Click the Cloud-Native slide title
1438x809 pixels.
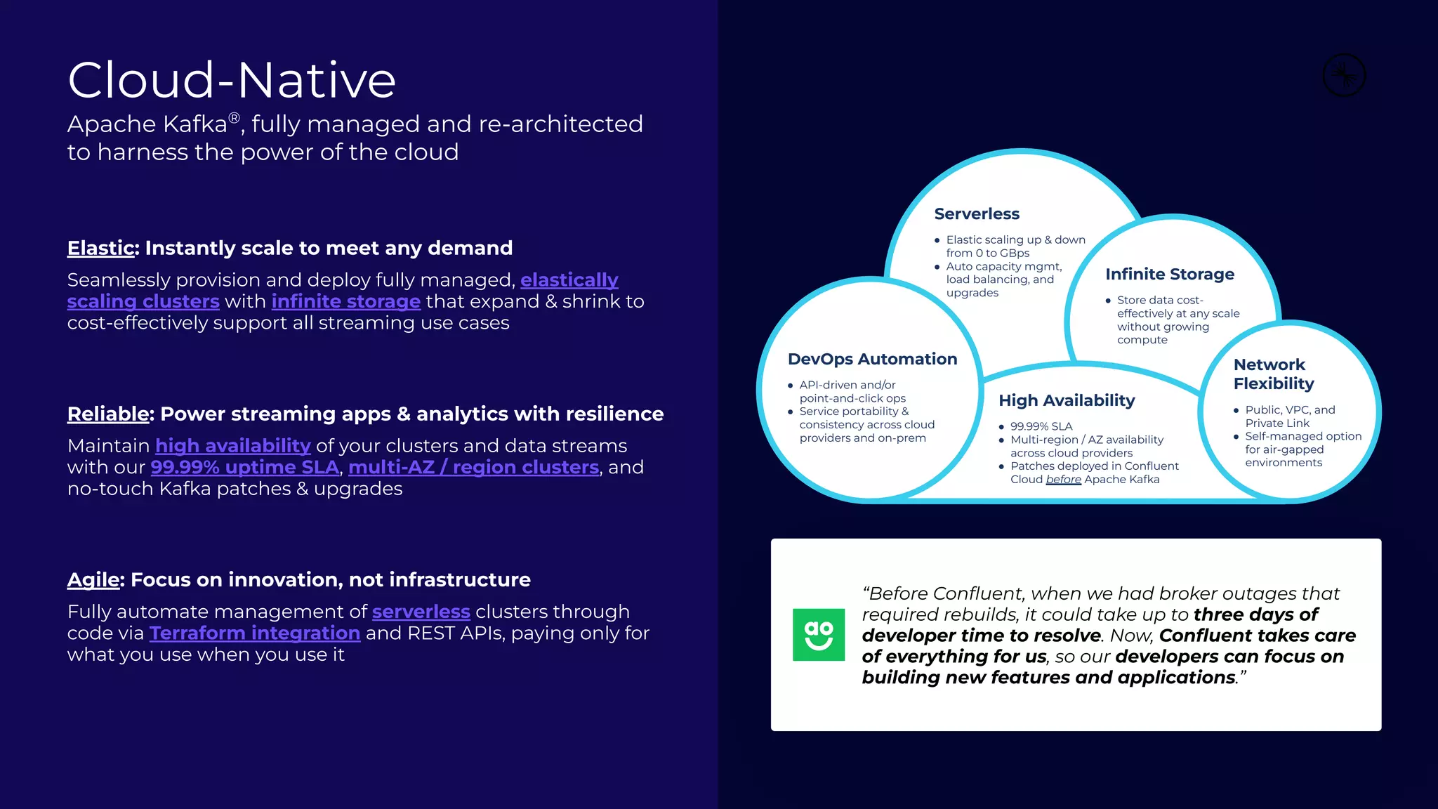pos(232,80)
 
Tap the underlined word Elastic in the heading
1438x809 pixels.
pos(100,248)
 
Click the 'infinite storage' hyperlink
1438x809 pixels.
pos(345,301)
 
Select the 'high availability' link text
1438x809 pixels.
pos(232,446)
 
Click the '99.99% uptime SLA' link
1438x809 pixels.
pos(244,468)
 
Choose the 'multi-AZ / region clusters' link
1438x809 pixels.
pos(473,468)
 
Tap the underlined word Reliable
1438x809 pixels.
pos(108,414)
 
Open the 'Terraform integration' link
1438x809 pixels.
pos(254,633)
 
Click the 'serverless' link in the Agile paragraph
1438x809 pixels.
pos(421,612)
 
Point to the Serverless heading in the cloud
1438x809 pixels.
pos(976,214)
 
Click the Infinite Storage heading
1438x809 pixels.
pos(1169,275)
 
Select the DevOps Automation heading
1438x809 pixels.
pos(872,360)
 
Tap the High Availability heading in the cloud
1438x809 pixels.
pos(1066,401)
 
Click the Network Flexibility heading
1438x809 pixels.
pos(1273,374)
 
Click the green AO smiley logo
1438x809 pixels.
pos(818,634)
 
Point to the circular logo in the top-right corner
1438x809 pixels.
pos(1343,75)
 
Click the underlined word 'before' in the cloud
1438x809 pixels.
pos(1063,480)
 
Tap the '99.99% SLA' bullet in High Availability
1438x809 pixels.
pos(1041,427)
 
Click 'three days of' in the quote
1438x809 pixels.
pos(1255,614)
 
